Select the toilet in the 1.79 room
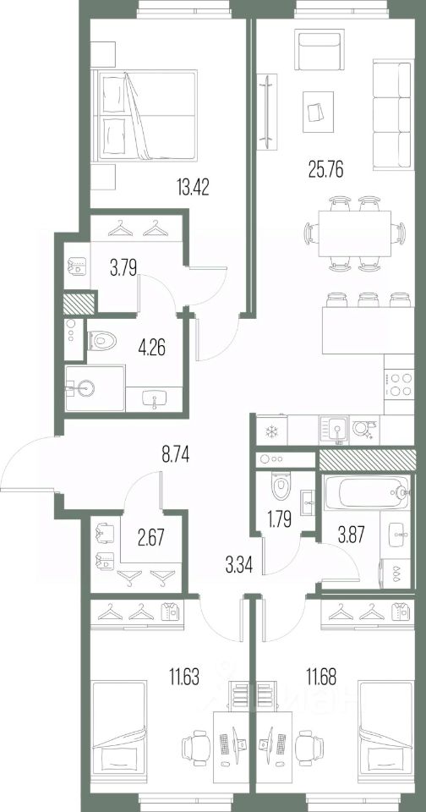pos(277,487)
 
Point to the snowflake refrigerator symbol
pos(272,432)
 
